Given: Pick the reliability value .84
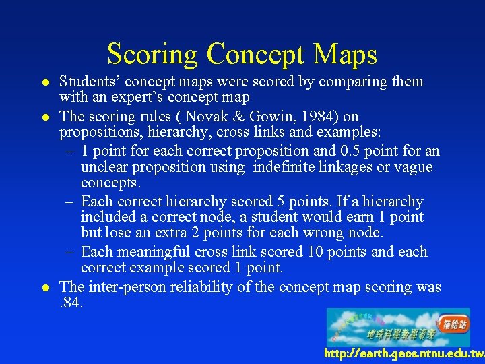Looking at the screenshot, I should (x=71, y=303).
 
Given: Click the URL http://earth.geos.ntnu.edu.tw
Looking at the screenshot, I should (x=403, y=353).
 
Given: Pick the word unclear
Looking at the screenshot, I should (x=104, y=167).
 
